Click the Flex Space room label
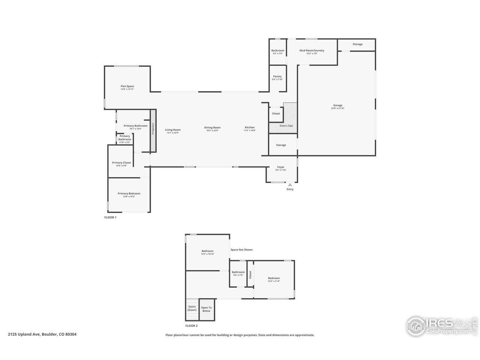click(x=127, y=87)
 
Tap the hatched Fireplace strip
click(x=153, y=131)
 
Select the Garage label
click(x=337, y=105)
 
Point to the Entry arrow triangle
click(x=290, y=184)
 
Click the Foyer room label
click(x=281, y=167)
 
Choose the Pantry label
click(x=277, y=76)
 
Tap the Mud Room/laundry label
click(x=312, y=51)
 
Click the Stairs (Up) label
click(x=286, y=126)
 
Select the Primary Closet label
click(x=121, y=163)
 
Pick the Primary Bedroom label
click(x=129, y=194)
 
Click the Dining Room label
click(x=212, y=128)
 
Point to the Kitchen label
click(x=250, y=127)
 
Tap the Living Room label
click(x=173, y=130)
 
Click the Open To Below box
click(x=207, y=309)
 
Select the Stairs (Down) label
click(x=192, y=308)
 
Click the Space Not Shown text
click(x=241, y=250)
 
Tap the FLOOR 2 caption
click(x=191, y=326)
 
